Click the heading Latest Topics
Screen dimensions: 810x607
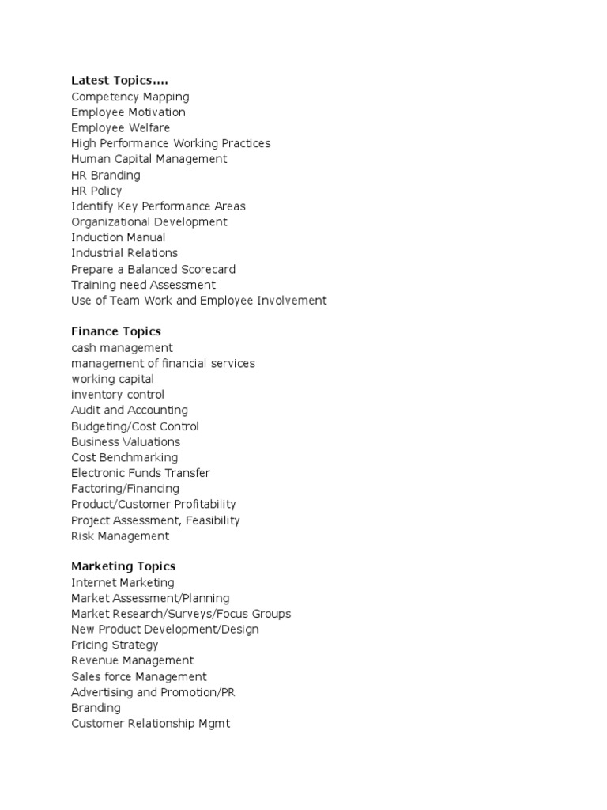(x=119, y=81)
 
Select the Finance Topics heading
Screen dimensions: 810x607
(x=116, y=331)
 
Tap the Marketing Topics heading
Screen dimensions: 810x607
(x=123, y=566)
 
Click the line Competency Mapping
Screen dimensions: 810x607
(x=130, y=97)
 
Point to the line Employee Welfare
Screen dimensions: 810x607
(x=120, y=127)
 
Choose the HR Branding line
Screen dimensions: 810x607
(x=106, y=175)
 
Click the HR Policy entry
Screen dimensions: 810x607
(x=96, y=191)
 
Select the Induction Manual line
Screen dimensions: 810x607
(x=119, y=237)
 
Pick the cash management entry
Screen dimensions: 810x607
(x=122, y=348)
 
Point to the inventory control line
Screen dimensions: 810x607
(x=118, y=395)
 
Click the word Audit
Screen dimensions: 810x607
(x=85, y=410)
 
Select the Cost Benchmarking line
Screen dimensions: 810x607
(x=125, y=457)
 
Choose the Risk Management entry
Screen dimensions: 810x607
(x=120, y=536)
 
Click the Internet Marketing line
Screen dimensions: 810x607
(x=123, y=582)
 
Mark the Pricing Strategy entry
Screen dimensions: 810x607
(x=115, y=645)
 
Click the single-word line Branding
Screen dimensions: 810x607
(x=96, y=708)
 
